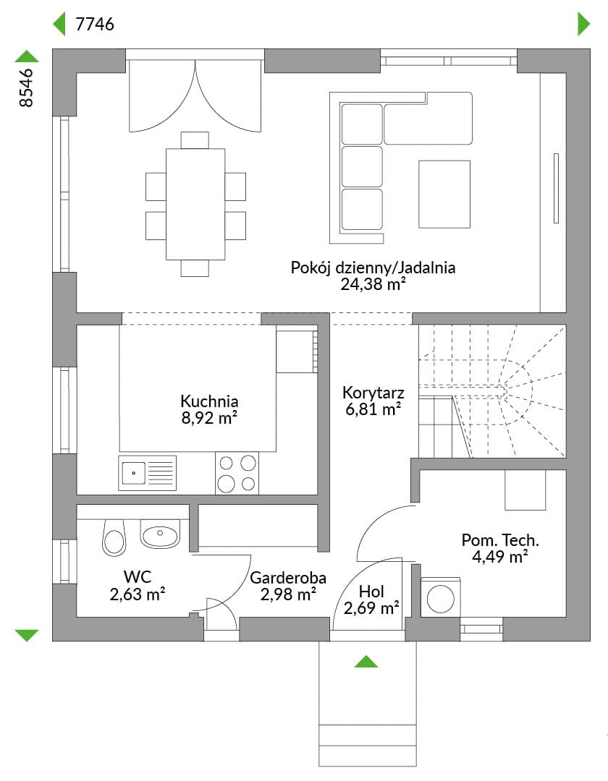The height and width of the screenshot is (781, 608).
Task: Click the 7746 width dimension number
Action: tap(95, 24)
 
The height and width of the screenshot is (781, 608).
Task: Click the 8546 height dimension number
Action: tap(26, 88)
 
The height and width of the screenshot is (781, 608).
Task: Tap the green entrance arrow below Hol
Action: tap(366, 662)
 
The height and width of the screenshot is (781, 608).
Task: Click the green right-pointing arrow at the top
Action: tap(583, 24)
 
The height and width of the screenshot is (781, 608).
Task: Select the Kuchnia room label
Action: tap(209, 401)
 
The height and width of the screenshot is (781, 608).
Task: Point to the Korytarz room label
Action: tap(373, 393)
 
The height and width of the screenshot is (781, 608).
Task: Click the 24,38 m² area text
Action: tap(373, 284)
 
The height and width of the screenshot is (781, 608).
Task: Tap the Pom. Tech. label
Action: tap(500, 540)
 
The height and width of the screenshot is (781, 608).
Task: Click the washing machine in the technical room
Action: tap(441, 598)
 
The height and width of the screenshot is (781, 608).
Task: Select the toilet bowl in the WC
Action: tap(114, 537)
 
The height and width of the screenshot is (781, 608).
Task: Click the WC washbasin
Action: tap(159, 534)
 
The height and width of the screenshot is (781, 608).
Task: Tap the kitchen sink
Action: tap(147, 473)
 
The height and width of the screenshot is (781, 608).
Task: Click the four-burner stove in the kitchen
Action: tap(237, 473)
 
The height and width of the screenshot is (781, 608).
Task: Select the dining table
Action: tap(195, 204)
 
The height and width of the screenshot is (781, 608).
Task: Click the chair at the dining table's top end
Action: tap(195, 140)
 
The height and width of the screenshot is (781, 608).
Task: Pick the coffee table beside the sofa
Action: tap(444, 195)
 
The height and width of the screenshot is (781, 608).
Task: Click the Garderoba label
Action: tap(288, 578)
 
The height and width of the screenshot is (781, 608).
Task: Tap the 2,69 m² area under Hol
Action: tap(371, 608)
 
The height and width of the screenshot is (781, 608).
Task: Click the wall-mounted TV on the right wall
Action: tap(556, 188)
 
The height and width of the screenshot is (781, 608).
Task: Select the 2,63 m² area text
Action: tap(138, 594)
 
